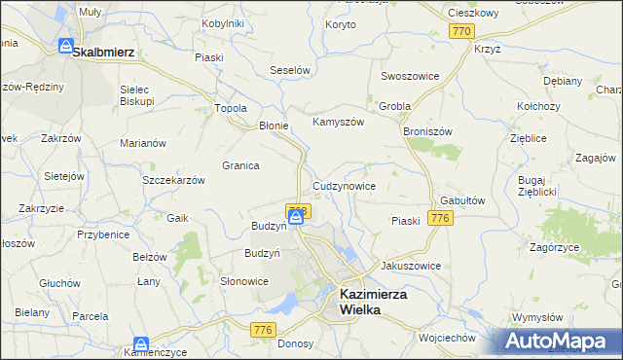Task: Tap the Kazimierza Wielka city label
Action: point(372,300)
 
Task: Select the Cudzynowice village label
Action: point(345,185)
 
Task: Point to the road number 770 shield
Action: point(462,32)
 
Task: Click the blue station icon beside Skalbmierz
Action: point(65,46)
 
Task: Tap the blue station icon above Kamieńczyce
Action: point(141,344)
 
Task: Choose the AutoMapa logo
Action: point(562,342)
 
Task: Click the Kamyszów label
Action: point(338,123)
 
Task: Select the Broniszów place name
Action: point(427,129)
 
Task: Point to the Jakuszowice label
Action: point(412,265)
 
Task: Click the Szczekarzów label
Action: point(173,181)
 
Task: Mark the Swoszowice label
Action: point(411,76)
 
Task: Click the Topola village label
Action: point(231,108)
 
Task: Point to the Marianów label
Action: point(143,143)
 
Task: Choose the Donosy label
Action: point(295,343)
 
